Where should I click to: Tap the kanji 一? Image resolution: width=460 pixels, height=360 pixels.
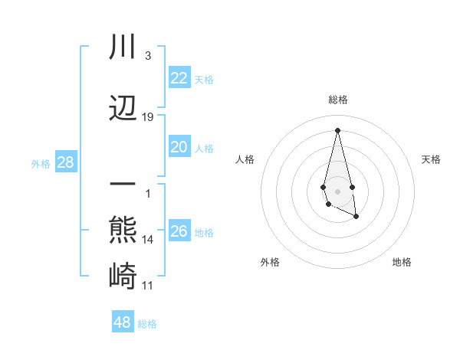click(x=123, y=185)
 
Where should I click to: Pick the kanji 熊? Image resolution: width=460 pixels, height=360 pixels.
click(x=123, y=230)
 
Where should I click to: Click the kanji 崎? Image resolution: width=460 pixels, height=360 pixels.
click(x=123, y=274)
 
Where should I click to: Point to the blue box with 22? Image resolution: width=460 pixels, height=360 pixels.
click(x=179, y=77)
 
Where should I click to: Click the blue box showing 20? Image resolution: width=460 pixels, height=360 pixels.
click(x=179, y=148)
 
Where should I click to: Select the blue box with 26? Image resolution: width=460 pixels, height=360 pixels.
click(x=179, y=231)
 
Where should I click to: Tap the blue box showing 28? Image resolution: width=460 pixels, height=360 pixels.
click(x=65, y=162)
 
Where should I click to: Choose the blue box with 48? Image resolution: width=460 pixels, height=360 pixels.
click(x=122, y=322)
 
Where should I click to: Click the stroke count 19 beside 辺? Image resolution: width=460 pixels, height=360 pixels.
click(x=148, y=117)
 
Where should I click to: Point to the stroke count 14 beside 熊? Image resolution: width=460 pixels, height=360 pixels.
click(x=148, y=240)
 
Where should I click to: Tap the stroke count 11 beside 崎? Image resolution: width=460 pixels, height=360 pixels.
click(x=148, y=286)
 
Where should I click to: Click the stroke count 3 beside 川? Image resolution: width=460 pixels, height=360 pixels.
click(x=147, y=56)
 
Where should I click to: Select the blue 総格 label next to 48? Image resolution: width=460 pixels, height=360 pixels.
click(x=147, y=324)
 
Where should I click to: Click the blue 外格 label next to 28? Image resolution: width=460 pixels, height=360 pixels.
click(x=40, y=164)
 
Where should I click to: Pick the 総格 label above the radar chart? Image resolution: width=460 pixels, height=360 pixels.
click(x=337, y=100)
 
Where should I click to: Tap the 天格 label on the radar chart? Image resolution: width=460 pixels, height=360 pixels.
click(x=431, y=159)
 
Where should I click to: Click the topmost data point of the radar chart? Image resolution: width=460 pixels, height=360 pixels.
click(x=337, y=129)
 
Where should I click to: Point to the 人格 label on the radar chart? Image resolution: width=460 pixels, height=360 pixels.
click(x=245, y=159)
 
